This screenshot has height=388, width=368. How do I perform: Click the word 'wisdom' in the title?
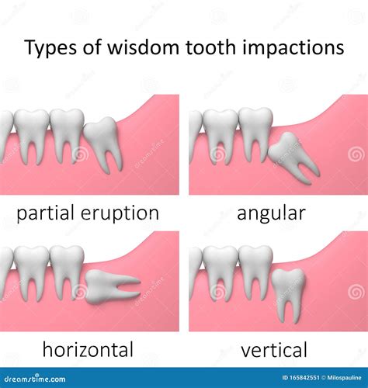pyautogui.click(x=143, y=47)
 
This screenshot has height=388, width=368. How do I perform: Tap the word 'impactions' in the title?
pyautogui.click(x=292, y=48)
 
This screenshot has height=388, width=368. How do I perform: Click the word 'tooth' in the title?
pyautogui.click(x=210, y=47)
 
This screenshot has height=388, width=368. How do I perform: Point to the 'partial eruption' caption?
pyautogui.click(x=88, y=213)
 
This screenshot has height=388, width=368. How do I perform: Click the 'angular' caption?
pyautogui.click(x=271, y=213)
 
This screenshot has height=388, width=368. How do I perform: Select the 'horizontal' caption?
pyautogui.click(x=88, y=349)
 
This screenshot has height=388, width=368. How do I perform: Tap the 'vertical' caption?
pyautogui.click(x=274, y=350)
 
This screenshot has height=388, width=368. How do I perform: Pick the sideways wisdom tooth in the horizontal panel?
pyautogui.click(x=110, y=287)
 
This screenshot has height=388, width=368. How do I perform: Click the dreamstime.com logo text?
pyautogui.click(x=35, y=379)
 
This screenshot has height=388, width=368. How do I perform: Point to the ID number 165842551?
pyautogui.click(x=301, y=378)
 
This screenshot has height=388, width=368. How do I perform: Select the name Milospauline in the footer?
pyautogui.click(x=344, y=378)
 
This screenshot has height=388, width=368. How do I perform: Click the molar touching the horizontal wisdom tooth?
pyautogui.click(x=67, y=272)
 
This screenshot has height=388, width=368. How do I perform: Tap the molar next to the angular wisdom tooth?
pyautogui.click(x=255, y=134)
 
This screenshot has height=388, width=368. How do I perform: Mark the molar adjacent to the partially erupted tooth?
pyautogui.click(x=67, y=135)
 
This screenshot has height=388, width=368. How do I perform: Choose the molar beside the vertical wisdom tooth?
pyautogui.click(x=255, y=272)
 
